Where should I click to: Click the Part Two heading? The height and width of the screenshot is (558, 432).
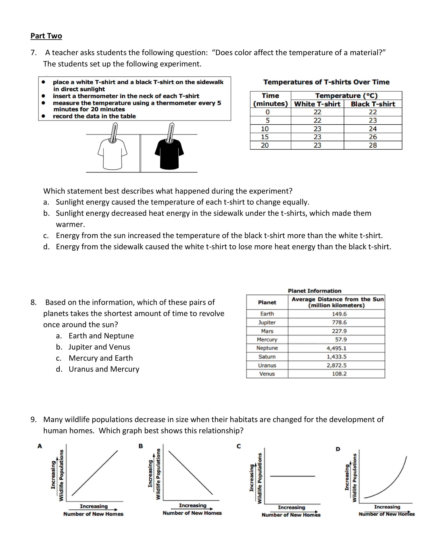(x=46, y=36)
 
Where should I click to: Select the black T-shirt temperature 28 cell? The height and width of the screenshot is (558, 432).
(x=373, y=145)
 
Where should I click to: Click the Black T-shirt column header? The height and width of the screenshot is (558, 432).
(x=373, y=104)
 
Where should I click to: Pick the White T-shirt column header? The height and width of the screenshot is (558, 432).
(x=317, y=104)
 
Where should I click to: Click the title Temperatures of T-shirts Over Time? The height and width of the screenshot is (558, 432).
(x=326, y=82)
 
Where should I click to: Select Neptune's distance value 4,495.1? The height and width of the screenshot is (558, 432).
(x=336, y=348)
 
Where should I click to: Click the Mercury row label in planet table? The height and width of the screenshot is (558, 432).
(x=267, y=340)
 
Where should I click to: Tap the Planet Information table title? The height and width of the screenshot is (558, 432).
(x=315, y=291)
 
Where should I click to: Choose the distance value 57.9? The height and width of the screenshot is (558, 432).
(x=341, y=340)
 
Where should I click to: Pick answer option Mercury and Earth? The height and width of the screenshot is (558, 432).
(x=101, y=358)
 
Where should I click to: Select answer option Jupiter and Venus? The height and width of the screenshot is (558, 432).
(x=99, y=347)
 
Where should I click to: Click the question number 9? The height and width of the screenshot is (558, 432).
(x=33, y=420)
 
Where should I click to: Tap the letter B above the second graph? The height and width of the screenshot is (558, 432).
(x=140, y=446)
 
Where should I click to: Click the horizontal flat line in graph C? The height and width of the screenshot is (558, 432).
(x=292, y=476)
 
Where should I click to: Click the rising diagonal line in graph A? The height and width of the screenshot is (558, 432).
(x=95, y=473)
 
